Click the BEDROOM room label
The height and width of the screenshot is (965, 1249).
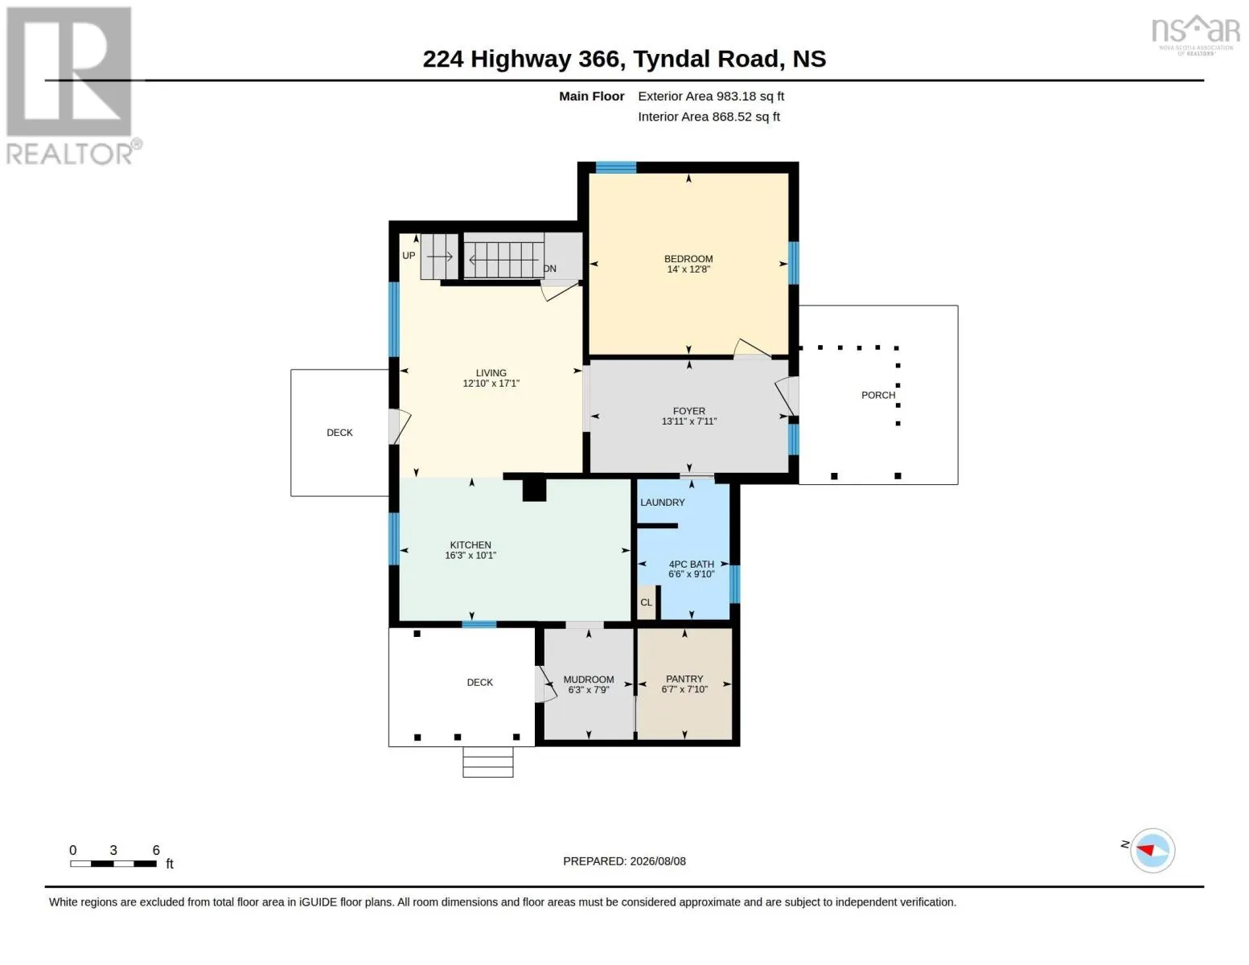tap(688, 259)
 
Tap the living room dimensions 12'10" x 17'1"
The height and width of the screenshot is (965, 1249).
tap(491, 384)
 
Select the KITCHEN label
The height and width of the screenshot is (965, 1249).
tap(470, 545)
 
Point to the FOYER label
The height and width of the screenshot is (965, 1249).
tap(688, 411)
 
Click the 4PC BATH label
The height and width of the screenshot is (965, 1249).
tap(691, 565)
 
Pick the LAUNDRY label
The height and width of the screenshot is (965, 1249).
tap(662, 503)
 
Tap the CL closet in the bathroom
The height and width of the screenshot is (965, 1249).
tap(646, 603)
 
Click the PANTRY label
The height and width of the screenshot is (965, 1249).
tap(684, 679)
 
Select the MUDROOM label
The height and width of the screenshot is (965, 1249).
tap(588, 680)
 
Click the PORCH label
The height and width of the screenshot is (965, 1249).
tap(877, 395)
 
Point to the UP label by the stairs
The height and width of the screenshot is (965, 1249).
tap(408, 256)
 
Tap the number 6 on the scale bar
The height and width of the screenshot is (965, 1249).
tap(156, 850)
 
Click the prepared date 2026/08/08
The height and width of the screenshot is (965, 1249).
tap(658, 861)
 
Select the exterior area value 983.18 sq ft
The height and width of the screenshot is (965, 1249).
tap(750, 96)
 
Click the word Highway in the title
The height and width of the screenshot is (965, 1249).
tap(521, 59)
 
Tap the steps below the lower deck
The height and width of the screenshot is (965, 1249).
tap(488, 762)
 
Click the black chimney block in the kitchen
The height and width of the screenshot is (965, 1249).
tap(533, 491)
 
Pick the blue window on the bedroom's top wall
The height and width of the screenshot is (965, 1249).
tap(615, 167)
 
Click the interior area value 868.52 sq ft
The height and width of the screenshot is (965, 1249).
tap(746, 117)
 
